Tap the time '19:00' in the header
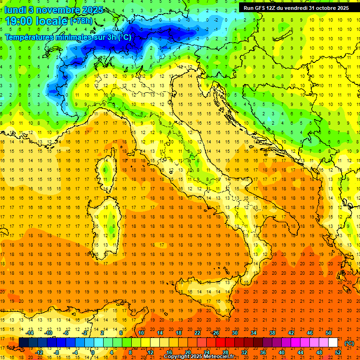(x=19, y=21)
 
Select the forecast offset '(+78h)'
(x=81, y=22)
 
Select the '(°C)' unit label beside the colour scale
(x=349, y=343)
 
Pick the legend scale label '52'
(x=338, y=352)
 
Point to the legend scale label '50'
(x=329, y=333)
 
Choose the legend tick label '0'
(x=92, y=352)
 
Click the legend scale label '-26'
(x=215, y=333)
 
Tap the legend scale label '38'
(x=272, y=333)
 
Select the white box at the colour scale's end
(x=333, y=343)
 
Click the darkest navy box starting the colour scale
(x=23, y=343)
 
